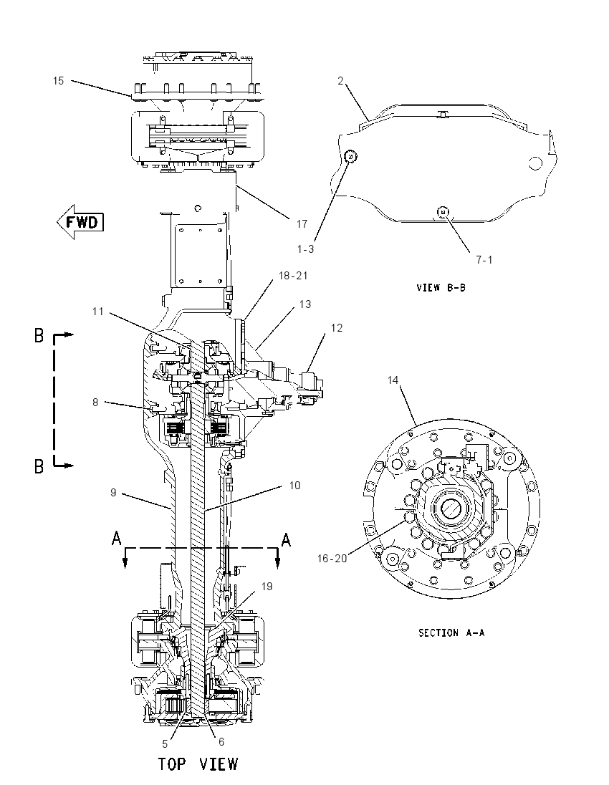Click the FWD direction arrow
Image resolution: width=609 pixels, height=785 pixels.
tap(81, 222)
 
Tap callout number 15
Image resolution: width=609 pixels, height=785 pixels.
tap(59, 81)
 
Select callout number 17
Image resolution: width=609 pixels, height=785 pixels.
tap(302, 223)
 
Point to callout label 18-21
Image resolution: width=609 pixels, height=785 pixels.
tap(293, 275)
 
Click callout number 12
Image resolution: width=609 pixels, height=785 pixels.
tap(337, 327)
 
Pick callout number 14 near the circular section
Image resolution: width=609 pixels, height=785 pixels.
tap(393, 380)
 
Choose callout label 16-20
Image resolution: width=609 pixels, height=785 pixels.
tap(332, 558)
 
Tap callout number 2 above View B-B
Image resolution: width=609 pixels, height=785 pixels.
tap(340, 81)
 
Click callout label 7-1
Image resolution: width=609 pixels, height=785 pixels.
tap(484, 259)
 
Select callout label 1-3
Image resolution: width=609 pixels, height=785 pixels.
tap(305, 249)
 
